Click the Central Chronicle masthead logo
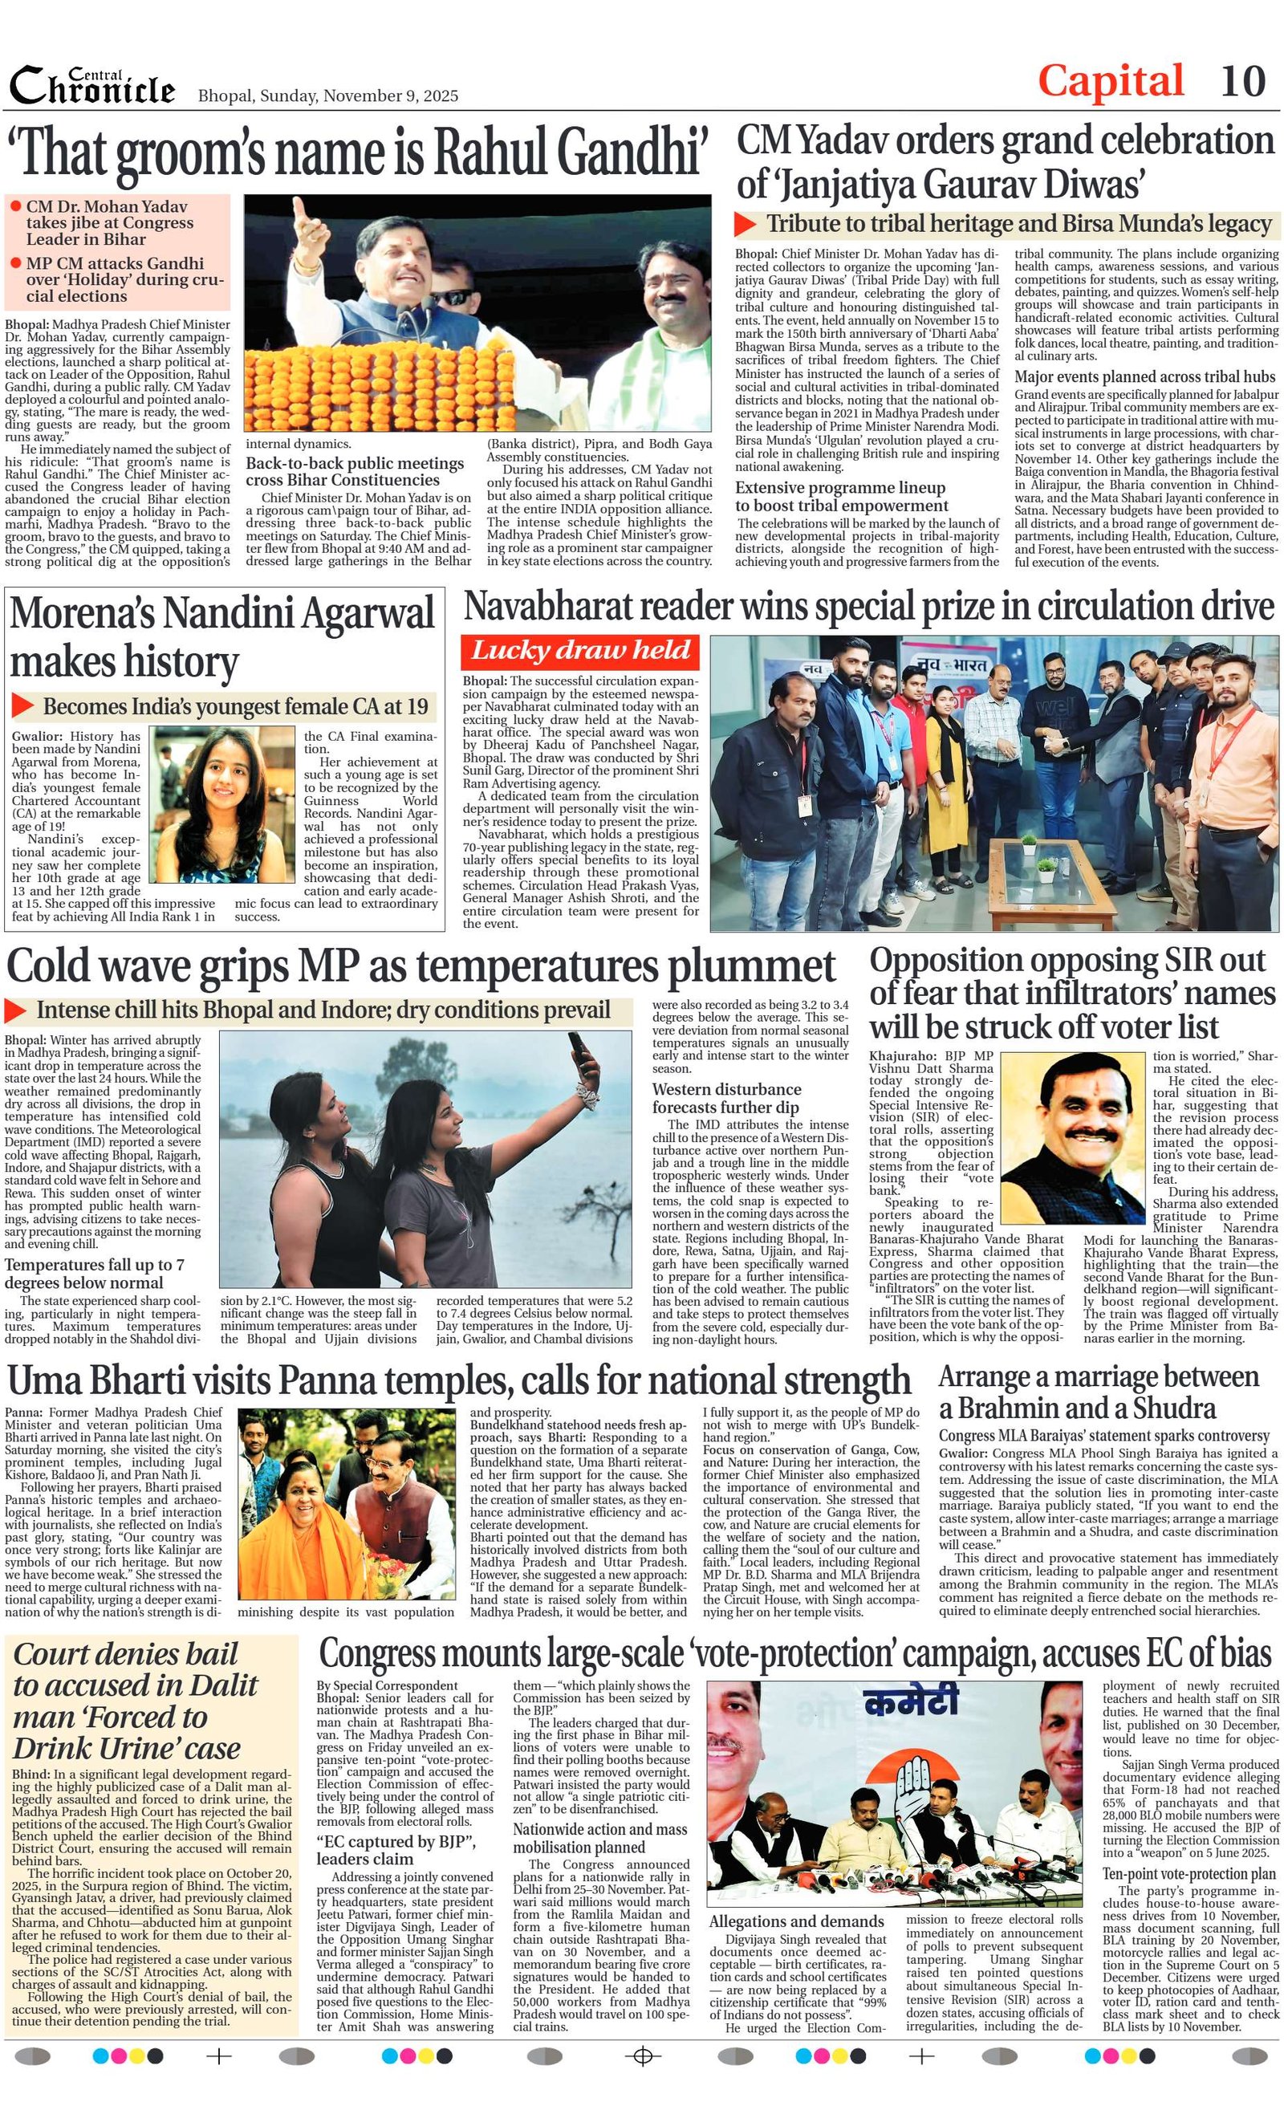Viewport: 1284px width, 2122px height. pyautogui.click(x=92, y=85)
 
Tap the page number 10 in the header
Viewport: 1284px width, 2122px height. pyautogui.click(x=1242, y=82)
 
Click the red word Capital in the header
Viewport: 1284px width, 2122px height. pyautogui.click(x=1110, y=82)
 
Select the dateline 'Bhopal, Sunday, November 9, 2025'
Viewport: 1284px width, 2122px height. pyautogui.click(x=328, y=96)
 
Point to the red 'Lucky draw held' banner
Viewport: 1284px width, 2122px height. pyautogui.click(x=580, y=651)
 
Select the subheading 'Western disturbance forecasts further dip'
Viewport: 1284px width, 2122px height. pyautogui.click(x=726, y=1098)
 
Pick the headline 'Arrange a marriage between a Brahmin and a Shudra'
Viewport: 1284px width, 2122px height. pyautogui.click(x=1098, y=1392)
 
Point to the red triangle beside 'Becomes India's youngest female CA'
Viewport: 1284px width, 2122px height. pyautogui.click(x=22, y=706)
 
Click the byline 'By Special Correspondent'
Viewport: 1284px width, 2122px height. pyautogui.click(x=387, y=1685)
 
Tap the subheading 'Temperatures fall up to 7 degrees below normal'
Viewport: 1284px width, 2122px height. pyautogui.click(x=94, y=1273)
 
